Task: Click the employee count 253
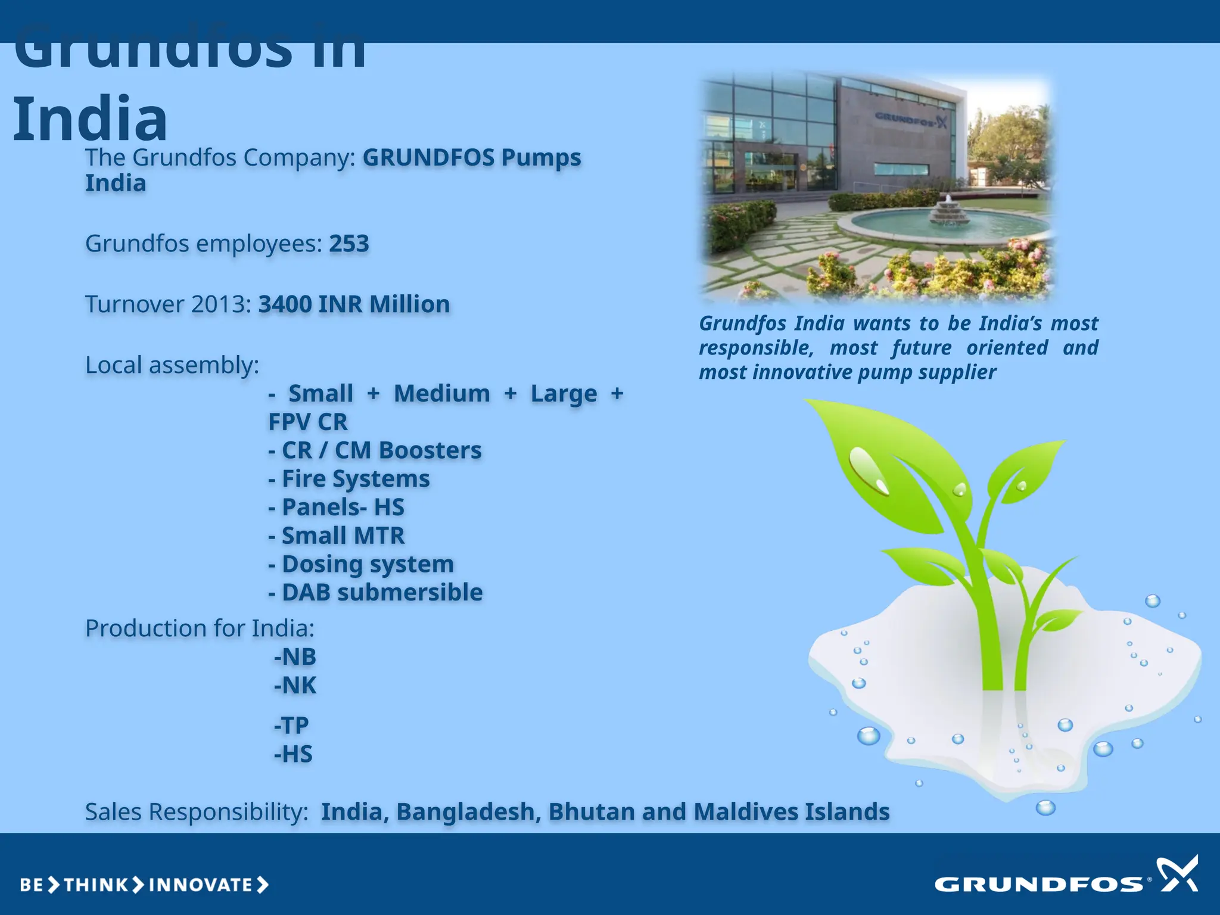(x=349, y=244)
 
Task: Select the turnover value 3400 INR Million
(x=354, y=304)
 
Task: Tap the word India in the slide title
(x=90, y=119)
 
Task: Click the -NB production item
(x=295, y=657)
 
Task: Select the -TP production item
(x=291, y=726)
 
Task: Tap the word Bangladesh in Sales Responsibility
(x=468, y=812)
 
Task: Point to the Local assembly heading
(x=172, y=365)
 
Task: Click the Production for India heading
(x=200, y=628)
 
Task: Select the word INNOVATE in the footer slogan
(x=201, y=885)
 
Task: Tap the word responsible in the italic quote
(x=756, y=348)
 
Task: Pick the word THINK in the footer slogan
(x=96, y=885)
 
